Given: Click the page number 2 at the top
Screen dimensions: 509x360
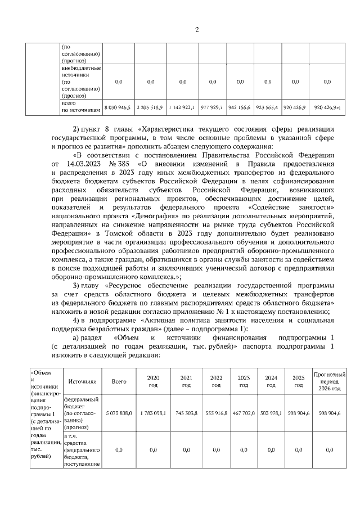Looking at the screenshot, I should [197, 29].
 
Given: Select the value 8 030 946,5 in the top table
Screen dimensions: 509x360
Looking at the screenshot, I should [118, 106].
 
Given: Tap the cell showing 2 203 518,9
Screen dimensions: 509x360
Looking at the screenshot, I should [150, 106].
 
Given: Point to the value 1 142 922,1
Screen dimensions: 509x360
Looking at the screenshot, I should [182, 106].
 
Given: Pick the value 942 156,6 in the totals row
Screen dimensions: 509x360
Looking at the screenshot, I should [240, 106].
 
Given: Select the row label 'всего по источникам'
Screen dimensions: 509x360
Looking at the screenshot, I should [83, 106].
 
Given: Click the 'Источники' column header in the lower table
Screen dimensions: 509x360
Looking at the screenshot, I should [83, 381].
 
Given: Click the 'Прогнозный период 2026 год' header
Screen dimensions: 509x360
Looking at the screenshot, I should [329, 381].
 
